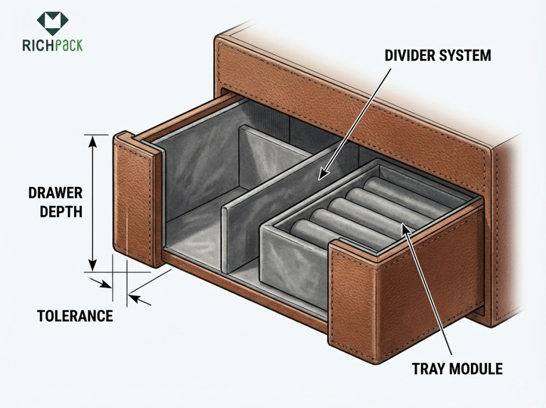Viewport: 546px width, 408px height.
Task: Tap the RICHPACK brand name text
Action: click(x=53, y=45)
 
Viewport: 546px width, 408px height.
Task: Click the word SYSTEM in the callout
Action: click(x=467, y=55)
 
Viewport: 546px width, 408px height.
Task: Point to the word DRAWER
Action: click(x=55, y=193)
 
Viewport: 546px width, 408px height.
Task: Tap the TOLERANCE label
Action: click(x=75, y=316)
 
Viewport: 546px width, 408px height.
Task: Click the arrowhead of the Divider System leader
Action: click(x=322, y=174)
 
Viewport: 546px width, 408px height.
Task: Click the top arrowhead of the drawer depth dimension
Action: click(x=92, y=139)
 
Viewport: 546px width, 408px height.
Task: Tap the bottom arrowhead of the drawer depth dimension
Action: click(x=92, y=266)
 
